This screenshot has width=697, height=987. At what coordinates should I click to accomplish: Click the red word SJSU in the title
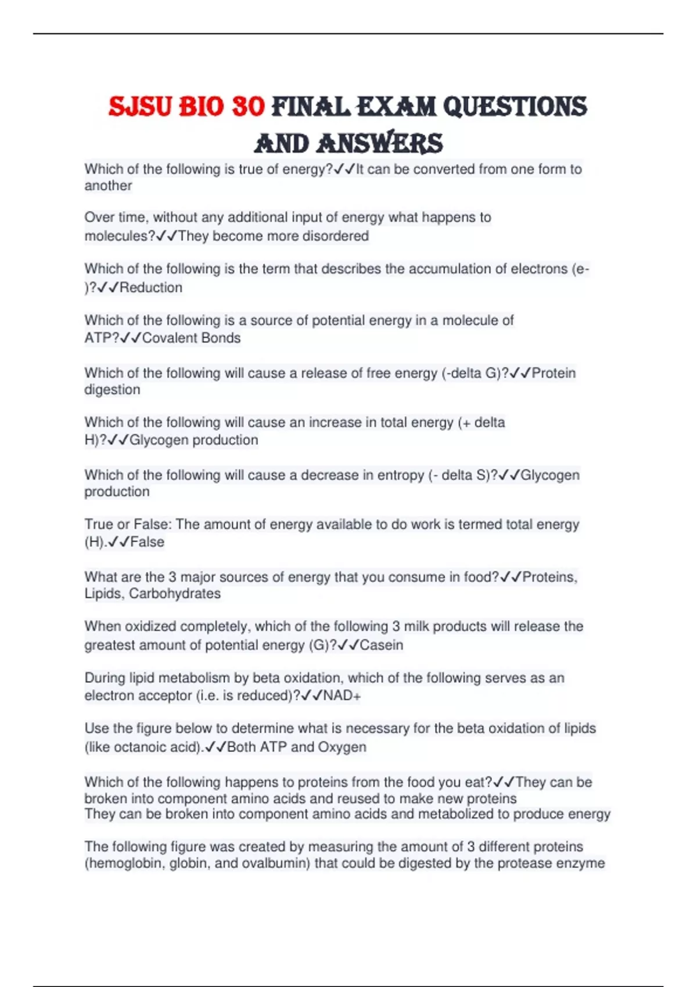(x=140, y=107)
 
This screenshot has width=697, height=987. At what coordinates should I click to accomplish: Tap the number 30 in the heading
(x=248, y=107)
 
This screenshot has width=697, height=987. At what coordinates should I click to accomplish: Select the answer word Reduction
(x=151, y=287)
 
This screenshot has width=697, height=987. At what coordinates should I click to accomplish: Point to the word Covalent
(x=165, y=338)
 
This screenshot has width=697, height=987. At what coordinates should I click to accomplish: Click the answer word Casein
(x=382, y=645)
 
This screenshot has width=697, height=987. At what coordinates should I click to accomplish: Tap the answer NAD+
(x=342, y=696)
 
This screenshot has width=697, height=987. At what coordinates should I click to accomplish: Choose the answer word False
(x=148, y=542)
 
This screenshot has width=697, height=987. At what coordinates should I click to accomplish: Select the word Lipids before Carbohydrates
(x=104, y=594)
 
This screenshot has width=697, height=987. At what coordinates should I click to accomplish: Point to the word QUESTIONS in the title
(x=515, y=107)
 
